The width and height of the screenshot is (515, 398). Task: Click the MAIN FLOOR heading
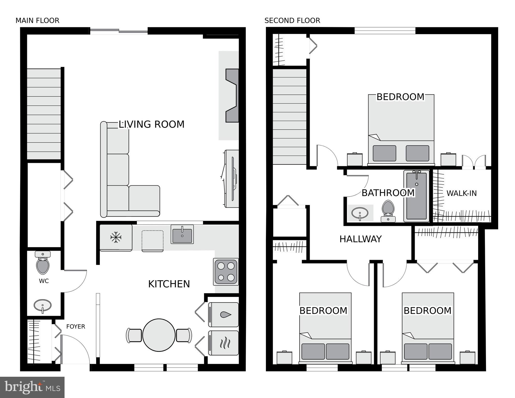click(37, 20)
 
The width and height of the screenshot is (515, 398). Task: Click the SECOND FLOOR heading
click(292, 20)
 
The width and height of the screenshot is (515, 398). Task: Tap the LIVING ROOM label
click(151, 124)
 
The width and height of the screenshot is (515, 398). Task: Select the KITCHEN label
click(169, 284)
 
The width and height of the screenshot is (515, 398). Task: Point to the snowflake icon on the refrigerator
click(116, 237)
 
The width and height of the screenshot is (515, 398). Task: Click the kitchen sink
click(182, 234)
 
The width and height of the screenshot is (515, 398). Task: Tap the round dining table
click(159, 335)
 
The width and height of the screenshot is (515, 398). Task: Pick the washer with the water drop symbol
click(223, 315)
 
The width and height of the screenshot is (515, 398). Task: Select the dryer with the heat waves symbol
click(223, 343)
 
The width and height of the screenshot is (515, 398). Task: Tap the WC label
click(44, 281)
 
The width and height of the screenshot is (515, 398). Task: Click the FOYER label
click(76, 326)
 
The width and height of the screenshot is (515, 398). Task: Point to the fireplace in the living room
click(232, 95)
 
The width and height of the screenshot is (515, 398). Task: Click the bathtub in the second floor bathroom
click(417, 196)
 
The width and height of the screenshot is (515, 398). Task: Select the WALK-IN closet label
click(461, 193)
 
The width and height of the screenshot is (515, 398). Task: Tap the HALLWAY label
click(361, 239)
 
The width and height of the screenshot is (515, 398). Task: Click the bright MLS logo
click(32, 387)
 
